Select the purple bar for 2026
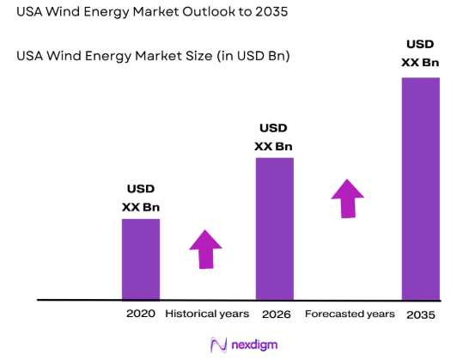point(274,229)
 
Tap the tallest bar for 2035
point(420,188)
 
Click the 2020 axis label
point(140,314)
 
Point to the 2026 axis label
point(276,314)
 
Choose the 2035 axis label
point(421,314)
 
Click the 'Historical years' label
point(207,314)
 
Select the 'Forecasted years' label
point(350,314)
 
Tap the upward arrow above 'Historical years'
point(205,249)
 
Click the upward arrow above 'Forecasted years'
point(348,198)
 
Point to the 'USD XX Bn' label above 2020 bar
point(141,198)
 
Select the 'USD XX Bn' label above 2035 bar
point(421,52)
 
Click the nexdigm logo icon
point(217,345)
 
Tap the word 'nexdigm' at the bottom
point(255,345)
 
